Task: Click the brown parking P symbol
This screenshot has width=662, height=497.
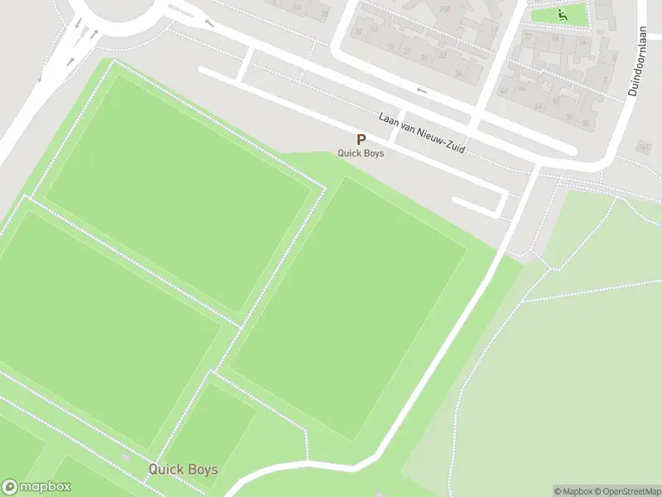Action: coord(360,140)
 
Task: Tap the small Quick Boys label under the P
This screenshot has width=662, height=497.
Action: coord(361,153)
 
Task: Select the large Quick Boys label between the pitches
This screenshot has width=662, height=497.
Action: coord(183,470)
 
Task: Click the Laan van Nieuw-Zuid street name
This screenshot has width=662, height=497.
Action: coord(422,133)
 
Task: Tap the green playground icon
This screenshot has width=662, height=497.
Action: coord(562,14)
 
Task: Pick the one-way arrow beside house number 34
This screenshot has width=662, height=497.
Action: coord(421,89)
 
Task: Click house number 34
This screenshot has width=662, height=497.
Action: coord(458,74)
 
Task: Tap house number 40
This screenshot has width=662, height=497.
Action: coord(504,90)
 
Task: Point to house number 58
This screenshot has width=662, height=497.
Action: coord(586,123)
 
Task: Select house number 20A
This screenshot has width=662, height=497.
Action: coord(445,8)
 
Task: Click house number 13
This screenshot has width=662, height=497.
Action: coord(494,29)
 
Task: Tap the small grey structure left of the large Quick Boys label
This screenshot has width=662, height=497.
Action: coord(126,457)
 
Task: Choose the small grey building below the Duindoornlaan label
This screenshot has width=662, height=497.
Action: coord(644,147)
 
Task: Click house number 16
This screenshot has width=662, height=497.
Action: coord(391,46)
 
